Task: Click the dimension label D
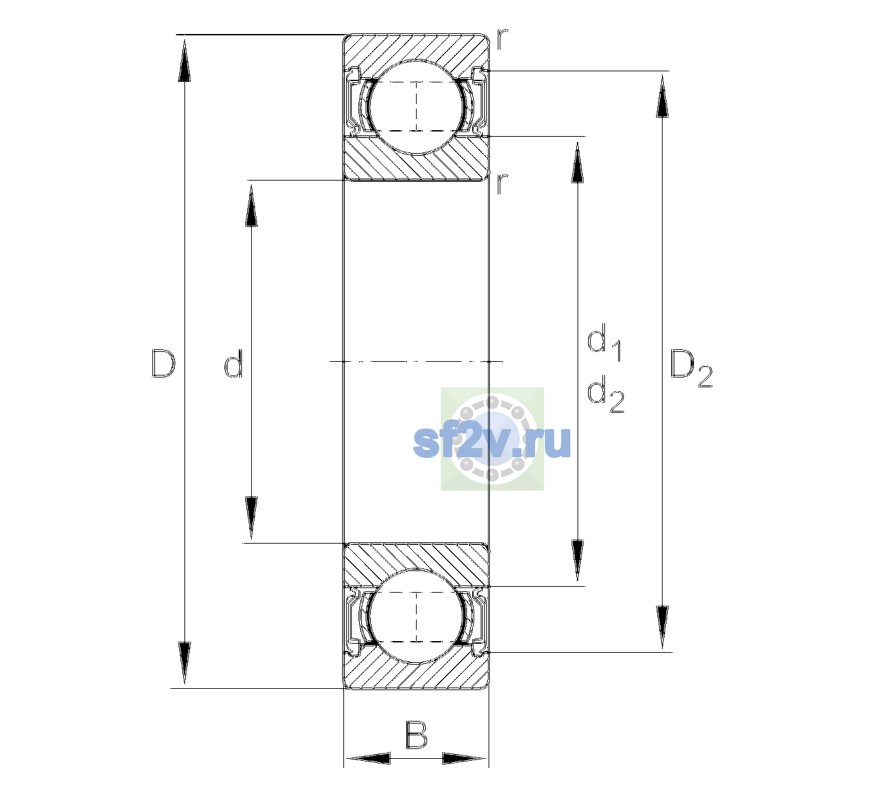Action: (164, 363)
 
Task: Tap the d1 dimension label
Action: (604, 343)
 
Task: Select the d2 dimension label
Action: (606, 394)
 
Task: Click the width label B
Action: (416, 735)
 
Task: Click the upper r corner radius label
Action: (502, 39)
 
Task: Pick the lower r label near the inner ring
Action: (502, 183)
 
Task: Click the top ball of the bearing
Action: (416, 107)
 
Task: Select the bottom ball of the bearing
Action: (416, 617)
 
